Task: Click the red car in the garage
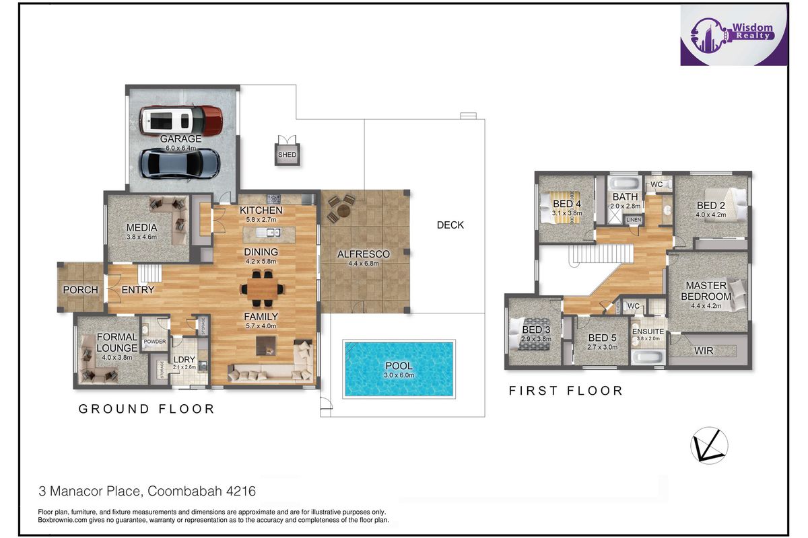181,120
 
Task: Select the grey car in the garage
180,164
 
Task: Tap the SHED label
287,155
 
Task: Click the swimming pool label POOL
399,366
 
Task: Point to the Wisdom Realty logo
734,36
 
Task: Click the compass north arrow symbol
709,445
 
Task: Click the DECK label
450,225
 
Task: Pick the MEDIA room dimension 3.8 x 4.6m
141,237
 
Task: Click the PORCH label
80,290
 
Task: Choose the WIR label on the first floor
704,350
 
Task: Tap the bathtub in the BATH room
625,184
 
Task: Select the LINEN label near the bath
634,220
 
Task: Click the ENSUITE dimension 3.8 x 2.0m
648,338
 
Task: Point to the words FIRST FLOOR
566,391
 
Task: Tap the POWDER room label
155,342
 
